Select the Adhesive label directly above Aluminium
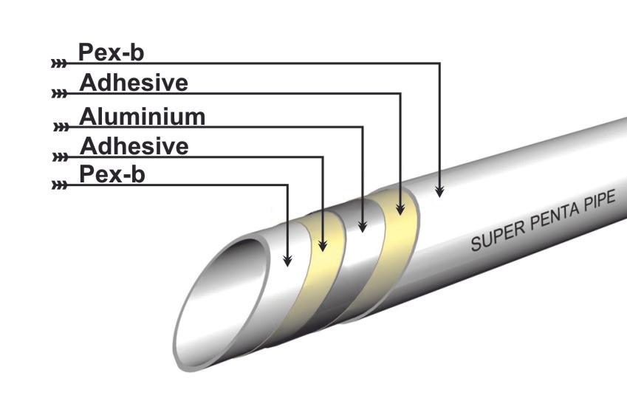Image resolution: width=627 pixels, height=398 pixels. (134, 83)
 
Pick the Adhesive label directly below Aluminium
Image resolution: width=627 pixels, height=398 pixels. (134, 146)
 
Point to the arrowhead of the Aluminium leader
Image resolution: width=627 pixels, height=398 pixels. (362, 227)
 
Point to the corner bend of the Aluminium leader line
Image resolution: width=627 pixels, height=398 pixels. (362, 127)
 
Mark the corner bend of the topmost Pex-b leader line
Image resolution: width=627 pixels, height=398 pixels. (439, 64)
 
